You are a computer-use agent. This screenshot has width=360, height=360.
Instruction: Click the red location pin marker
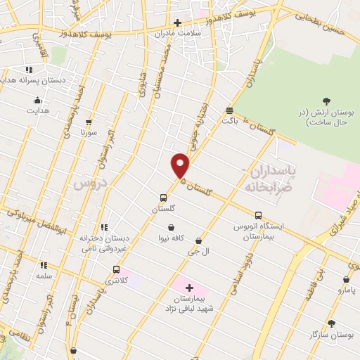coord(181,165)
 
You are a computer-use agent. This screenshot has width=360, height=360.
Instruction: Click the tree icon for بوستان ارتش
coord(326,102)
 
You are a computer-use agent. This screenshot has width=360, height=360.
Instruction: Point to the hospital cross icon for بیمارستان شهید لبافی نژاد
coord(189,288)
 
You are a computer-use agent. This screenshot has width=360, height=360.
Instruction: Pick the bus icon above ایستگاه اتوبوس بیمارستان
coord(258,215)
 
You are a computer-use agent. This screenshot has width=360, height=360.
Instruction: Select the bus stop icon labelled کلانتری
coord(116,269)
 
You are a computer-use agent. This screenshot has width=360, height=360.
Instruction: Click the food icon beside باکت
coord(229,110)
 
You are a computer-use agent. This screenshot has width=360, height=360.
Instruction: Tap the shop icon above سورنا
coord(88,122)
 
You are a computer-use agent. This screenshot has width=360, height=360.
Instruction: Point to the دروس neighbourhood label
coord(89,184)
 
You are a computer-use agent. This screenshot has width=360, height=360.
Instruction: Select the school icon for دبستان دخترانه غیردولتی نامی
coord(104,227)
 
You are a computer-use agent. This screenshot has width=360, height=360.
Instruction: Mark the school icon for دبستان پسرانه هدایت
coord(29,70)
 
